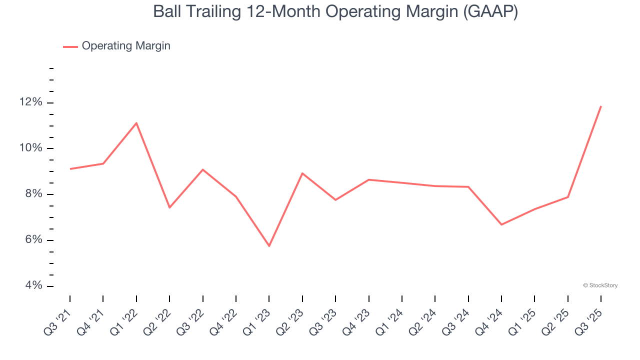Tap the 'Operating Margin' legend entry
[x=125, y=46]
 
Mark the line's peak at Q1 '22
[x=136, y=123]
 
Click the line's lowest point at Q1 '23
[x=269, y=246]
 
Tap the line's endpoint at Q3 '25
[x=601, y=106]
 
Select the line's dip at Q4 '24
[x=501, y=224]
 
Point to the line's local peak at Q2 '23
[x=302, y=173]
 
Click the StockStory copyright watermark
[x=600, y=285]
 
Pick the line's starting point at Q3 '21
[x=70, y=169]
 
